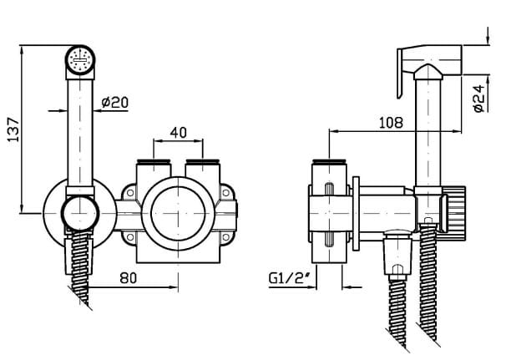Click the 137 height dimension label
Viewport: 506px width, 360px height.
point(13,129)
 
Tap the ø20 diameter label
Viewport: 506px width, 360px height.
point(115,103)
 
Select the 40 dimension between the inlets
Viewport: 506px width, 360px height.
point(179,132)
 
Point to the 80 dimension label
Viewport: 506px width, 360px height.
point(129,277)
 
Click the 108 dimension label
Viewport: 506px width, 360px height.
point(391,123)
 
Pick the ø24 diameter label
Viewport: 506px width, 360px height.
point(480,99)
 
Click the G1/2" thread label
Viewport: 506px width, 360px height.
point(290,278)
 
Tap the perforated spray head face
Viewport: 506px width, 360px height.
point(79,60)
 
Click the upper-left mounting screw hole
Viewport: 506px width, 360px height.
point(130,193)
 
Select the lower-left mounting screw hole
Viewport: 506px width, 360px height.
point(130,237)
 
